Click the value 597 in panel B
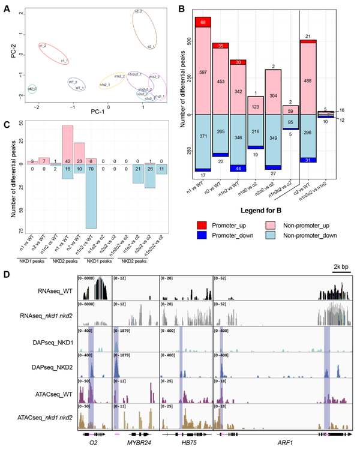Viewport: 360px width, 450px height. point(203,73)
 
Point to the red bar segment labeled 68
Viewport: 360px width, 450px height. point(203,22)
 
